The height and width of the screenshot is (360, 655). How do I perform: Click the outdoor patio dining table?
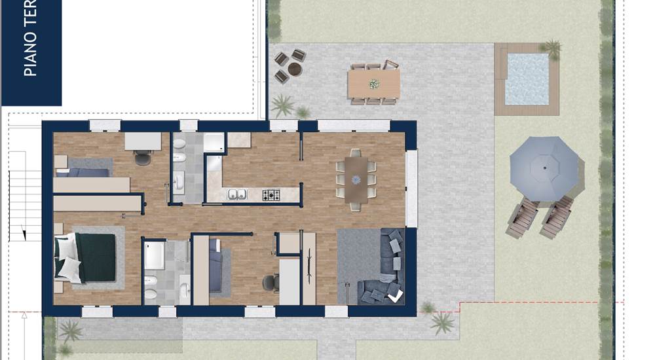(x=373, y=83)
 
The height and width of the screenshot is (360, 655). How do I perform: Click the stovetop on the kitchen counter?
(x=271, y=194)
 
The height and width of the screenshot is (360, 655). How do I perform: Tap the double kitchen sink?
(x=237, y=194)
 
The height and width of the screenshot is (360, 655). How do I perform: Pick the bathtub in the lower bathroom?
(x=154, y=256)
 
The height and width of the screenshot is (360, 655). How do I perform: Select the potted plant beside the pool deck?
(x=553, y=48)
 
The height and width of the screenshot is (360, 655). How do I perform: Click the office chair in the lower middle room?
(x=270, y=283)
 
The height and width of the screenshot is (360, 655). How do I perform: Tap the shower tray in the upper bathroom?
(x=214, y=143)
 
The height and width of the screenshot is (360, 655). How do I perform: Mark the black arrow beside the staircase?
(x=23, y=232)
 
